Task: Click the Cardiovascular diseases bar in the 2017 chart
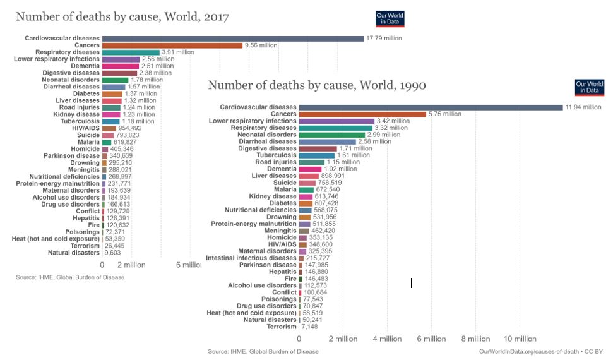(232, 39)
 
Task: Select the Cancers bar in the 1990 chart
(362, 114)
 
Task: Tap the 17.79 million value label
(384, 39)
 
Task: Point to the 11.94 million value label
(583, 107)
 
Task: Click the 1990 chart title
(317, 85)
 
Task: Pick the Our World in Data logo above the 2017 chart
(390, 19)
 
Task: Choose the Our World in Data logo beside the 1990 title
(589, 88)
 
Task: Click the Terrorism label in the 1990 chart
(281, 327)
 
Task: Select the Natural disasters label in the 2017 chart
(74, 253)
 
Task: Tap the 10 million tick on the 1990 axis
(520, 339)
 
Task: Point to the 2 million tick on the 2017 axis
(132, 265)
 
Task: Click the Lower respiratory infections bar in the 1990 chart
(336, 121)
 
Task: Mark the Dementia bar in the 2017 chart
(120, 66)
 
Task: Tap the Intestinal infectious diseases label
(251, 258)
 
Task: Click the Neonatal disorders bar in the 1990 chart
(332, 135)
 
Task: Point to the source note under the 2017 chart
(70, 277)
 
